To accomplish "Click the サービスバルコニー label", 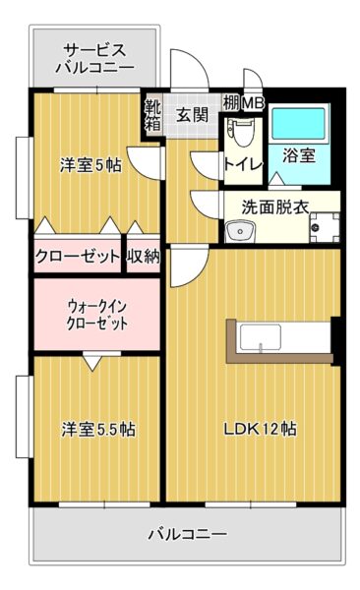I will [94, 59].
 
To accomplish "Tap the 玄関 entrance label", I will [192, 113].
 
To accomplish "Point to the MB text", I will [253, 102].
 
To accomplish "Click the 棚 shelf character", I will [230, 102].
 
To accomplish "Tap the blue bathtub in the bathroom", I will [301, 125].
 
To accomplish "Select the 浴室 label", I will [299, 155].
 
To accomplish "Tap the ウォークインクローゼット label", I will [96, 314].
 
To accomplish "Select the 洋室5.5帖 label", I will [98, 430].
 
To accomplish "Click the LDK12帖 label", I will [260, 429].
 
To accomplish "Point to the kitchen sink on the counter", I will [260, 345].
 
